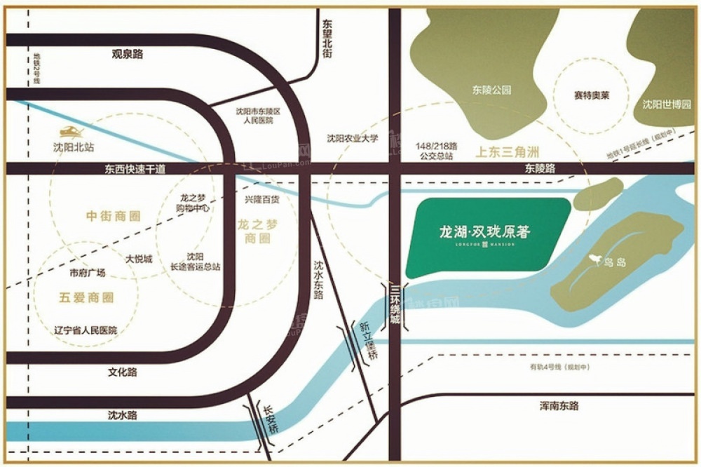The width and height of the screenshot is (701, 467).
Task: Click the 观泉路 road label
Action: tap(127, 53)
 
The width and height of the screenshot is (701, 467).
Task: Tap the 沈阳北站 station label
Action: tap(74, 147)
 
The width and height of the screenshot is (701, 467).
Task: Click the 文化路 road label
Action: tap(123, 372)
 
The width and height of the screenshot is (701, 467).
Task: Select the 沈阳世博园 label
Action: tap(667, 105)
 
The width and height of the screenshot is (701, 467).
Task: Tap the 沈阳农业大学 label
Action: tap(353, 138)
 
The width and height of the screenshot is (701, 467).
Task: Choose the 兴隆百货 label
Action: tap(261, 200)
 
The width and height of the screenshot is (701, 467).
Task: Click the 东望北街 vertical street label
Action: tap(327, 43)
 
